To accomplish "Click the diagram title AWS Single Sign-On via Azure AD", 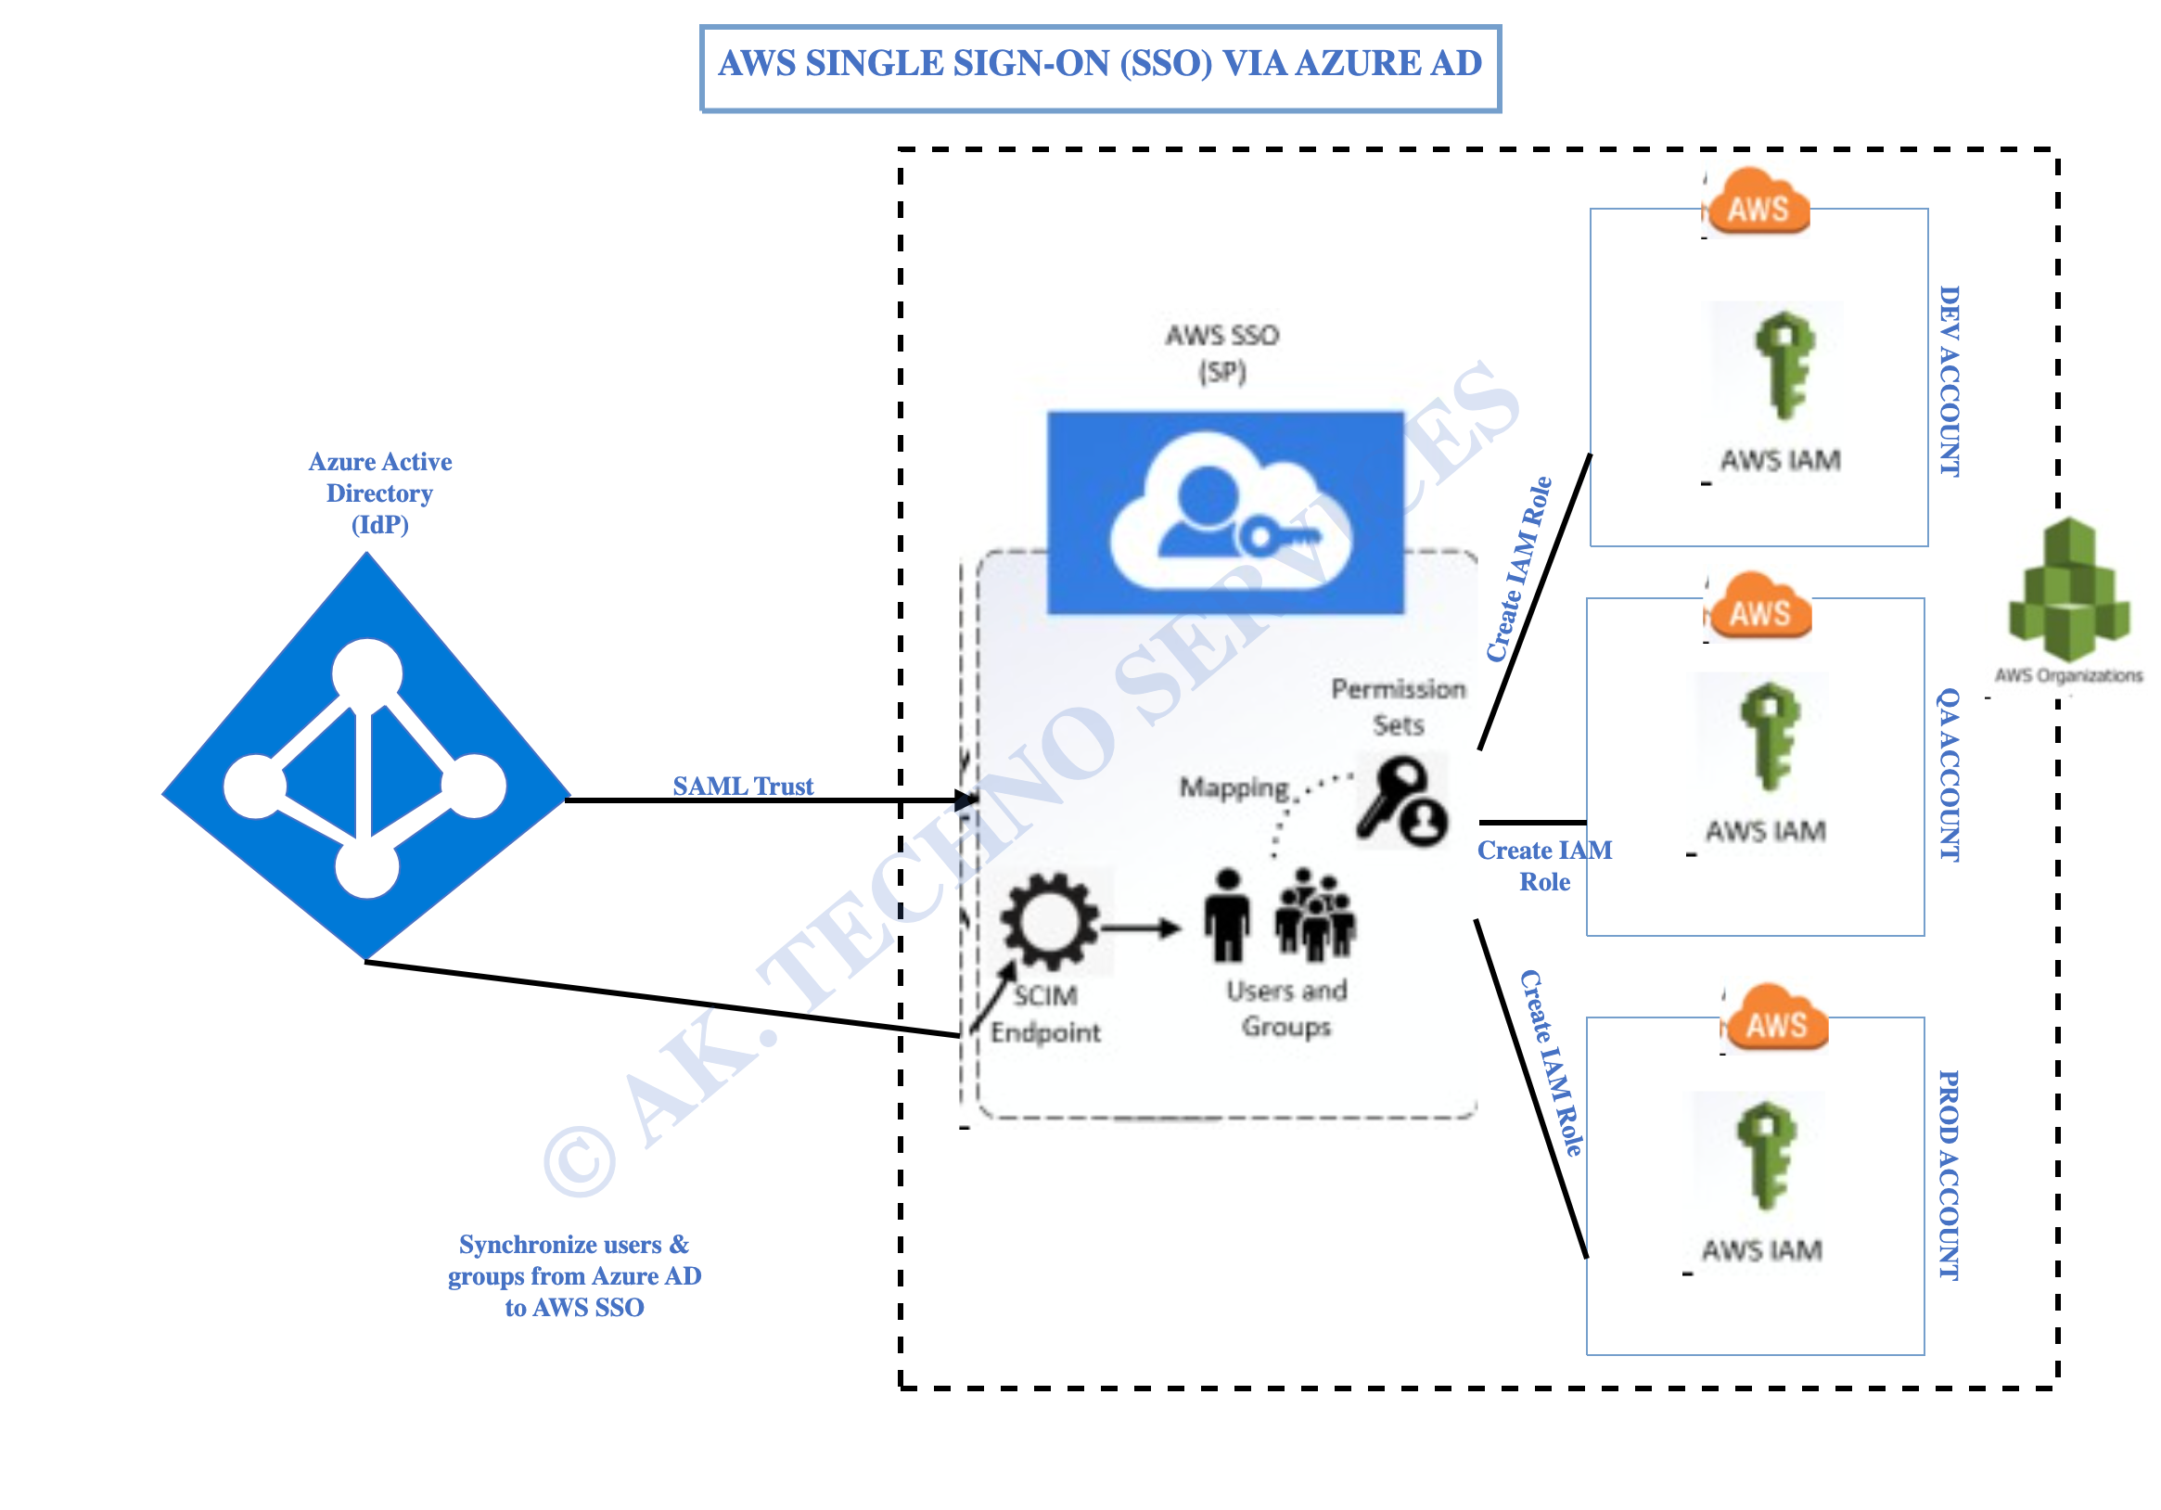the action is pyautogui.click(x=1100, y=64).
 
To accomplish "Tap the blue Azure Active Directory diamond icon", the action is pyautogui.click(x=366, y=756).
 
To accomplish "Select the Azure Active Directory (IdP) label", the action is pyautogui.click(x=380, y=493).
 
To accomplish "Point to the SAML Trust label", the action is pyautogui.click(x=743, y=786).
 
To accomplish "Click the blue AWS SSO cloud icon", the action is pyautogui.click(x=1225, y=513).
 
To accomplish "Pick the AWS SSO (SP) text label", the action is pyautogui.click(x=1222, y=354).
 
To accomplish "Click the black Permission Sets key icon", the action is pyautogui.click(x=1401, y=802).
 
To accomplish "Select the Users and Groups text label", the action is pyautogui.click(x=1286, y=1008).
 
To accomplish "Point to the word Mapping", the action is pyautogui.click(x=1234, y=788).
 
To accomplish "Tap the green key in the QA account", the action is pyautogui.click(x=1770, y=736).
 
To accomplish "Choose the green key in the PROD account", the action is pyautogui.click(x=1767, y=1155).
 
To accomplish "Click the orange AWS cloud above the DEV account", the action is pyautogui.click(x=1758, y=200).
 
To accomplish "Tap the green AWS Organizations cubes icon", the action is pyautogui.click(x=2070, y=589).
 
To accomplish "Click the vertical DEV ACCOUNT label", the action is pyautogui.click(x=1950, y=381).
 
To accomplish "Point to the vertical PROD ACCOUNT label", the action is pyautogui.click(x=1950, y=1175).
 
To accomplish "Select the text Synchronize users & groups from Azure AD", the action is pyautogui.click(x=574, y=1260).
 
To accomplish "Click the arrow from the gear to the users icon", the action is pyautogui.click(x=1141, y=928).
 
